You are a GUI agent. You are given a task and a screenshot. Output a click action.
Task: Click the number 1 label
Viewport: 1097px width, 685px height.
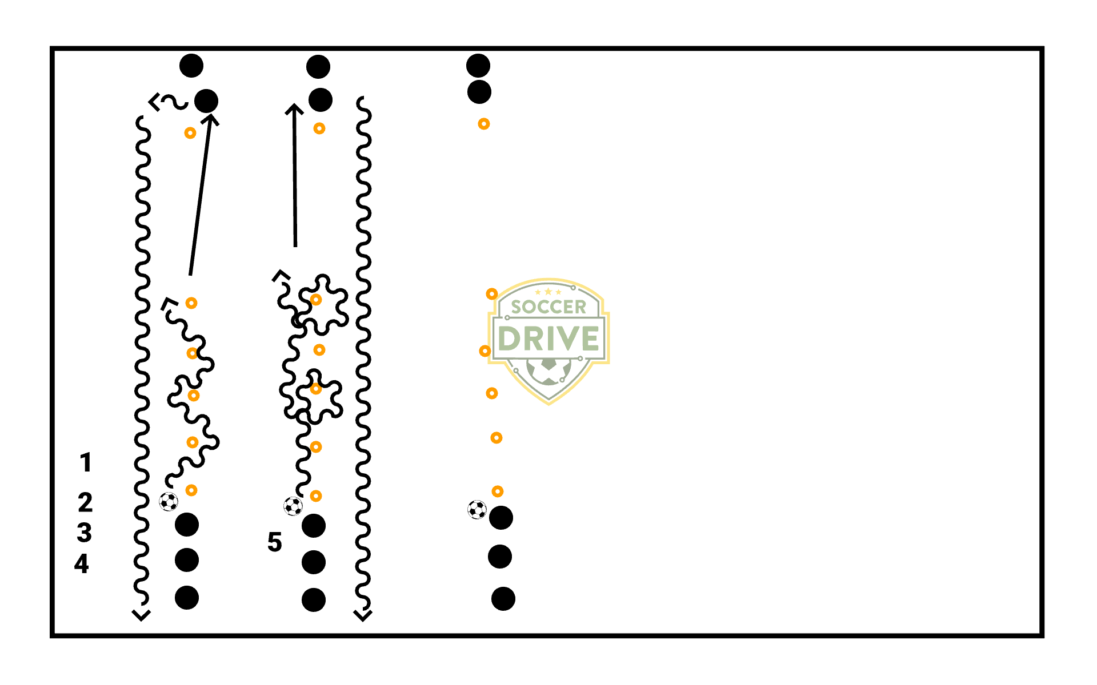click(86, 462)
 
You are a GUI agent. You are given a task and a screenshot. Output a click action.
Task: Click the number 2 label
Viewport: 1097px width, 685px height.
click(85, 503)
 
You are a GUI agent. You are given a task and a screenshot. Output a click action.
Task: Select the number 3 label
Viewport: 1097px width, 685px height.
click(85, 533)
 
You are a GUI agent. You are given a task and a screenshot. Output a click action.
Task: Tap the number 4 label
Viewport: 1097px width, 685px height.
click(82, 564)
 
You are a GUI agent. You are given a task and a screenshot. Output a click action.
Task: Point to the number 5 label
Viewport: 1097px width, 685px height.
click(274, 542)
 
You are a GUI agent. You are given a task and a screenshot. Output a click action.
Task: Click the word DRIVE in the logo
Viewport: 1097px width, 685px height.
click(548, 339)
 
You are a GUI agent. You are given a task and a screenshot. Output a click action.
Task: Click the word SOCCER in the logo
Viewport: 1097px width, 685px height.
click(548, 307)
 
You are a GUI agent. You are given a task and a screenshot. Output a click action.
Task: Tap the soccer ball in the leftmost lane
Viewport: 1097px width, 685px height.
click(169, 502)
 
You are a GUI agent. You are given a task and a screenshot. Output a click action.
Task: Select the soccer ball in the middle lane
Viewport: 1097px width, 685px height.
click(293, 506)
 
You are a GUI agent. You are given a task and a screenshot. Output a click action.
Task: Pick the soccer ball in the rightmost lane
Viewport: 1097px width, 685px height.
click(477, 509)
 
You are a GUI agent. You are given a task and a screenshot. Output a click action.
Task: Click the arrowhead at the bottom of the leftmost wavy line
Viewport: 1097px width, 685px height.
click(141, 615)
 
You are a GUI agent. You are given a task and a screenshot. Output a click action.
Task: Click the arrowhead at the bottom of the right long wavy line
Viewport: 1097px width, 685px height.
click(363, 615)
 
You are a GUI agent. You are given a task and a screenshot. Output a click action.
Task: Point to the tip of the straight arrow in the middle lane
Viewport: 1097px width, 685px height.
click(294, 106)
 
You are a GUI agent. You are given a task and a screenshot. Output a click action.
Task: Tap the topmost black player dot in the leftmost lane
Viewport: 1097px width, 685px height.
click(191, 66)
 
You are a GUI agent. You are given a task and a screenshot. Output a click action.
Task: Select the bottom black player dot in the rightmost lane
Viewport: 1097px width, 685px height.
click(503, 599)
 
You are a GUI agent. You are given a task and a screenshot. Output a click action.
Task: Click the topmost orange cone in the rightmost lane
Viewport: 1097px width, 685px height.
click(484, 124)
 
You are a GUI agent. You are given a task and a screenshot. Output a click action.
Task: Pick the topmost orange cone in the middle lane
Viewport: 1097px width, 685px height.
click(319, 128)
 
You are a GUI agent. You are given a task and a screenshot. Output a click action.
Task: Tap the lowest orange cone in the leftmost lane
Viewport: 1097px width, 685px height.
click(191, 490)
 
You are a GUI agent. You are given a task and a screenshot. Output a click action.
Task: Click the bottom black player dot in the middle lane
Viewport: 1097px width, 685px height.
click(314, 600)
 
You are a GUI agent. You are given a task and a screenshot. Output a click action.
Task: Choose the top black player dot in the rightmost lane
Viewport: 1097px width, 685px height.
click(478, 66)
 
